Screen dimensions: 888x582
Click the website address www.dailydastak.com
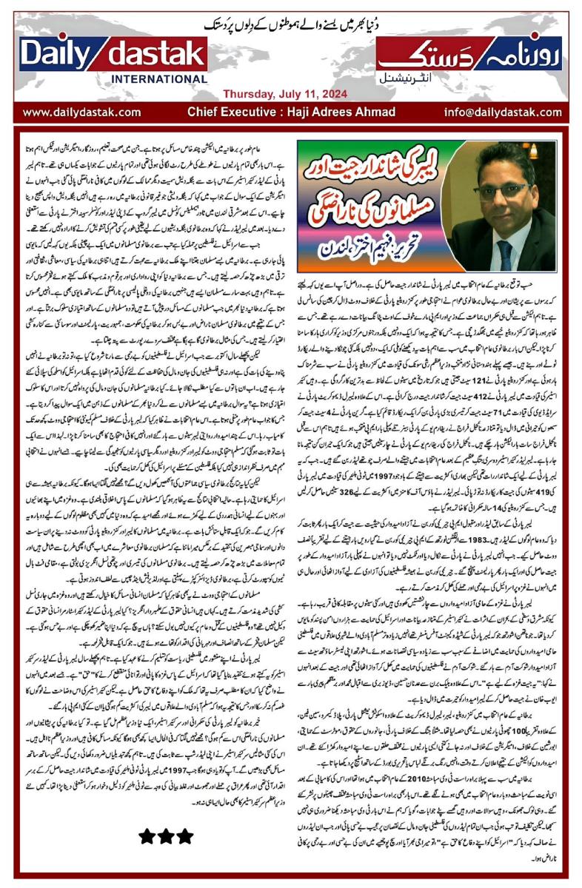click(81, 112)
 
